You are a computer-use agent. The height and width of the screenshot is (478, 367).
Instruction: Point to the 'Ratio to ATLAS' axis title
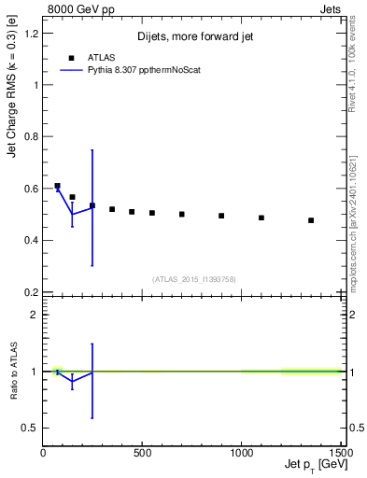tap(12, 371)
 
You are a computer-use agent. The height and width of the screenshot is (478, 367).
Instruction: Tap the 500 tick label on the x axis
tap(142, 452)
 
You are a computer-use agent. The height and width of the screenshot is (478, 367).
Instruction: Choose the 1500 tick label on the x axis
tap(341, 452)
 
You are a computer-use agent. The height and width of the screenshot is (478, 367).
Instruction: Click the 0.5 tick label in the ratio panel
tap(30, 428)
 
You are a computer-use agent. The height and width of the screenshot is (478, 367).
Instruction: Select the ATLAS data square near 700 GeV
tap(182, 214)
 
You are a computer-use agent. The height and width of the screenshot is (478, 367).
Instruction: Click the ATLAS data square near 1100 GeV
tap(261, 218)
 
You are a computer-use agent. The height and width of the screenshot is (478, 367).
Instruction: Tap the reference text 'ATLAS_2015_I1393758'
tap(192, 279)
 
